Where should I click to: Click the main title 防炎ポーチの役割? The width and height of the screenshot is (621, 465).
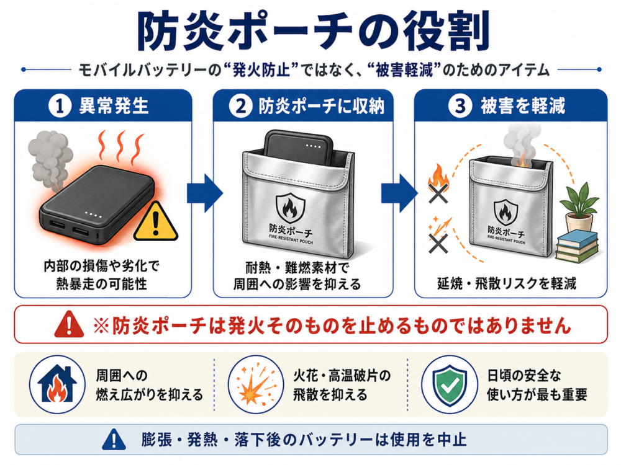[313, 32]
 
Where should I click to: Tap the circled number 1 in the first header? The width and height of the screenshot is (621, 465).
[60, 106]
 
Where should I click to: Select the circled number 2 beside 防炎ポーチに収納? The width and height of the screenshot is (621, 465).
[241, 106]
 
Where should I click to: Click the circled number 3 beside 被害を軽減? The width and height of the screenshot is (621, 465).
[460, 106]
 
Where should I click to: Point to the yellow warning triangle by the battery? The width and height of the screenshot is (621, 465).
[156, 223]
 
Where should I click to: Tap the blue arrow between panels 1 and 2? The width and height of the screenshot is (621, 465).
[205, 193]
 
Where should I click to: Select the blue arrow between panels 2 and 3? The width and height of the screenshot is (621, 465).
[399, 193]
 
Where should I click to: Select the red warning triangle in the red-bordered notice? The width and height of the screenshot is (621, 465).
[68, 324]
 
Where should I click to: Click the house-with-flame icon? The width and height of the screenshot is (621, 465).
[57, 384]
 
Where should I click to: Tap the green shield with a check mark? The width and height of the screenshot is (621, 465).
[450, 384]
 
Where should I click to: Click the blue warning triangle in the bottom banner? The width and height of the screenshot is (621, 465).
[114, 440]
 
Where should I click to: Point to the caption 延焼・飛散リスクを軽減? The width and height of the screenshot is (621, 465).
[507, 283]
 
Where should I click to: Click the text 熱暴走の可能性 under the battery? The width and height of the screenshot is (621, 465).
[102, 283]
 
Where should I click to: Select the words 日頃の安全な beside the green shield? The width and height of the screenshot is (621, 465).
[524, 375]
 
